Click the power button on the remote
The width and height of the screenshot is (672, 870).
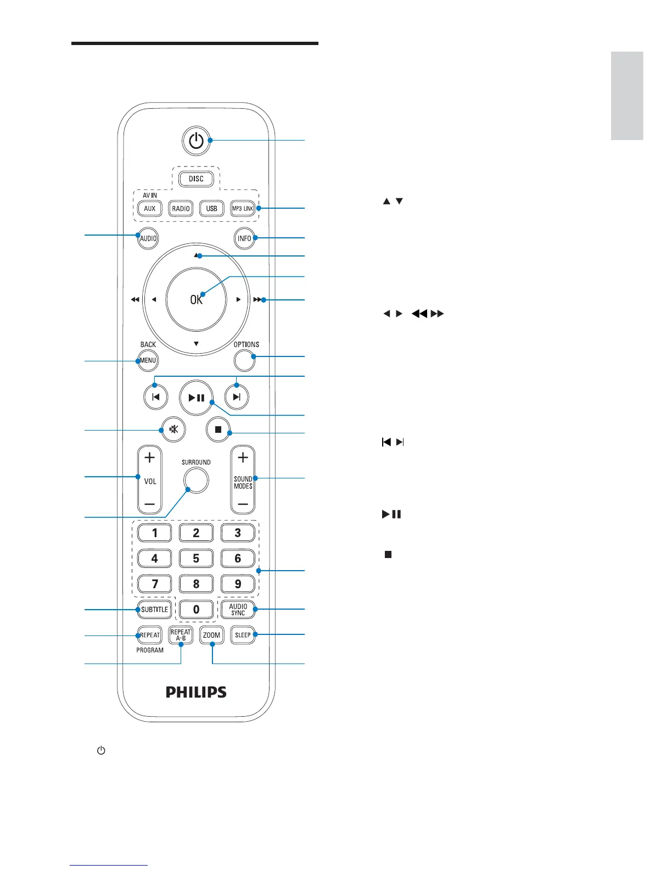(x=196, y=141)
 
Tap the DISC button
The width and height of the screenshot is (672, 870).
(x=196, y=179)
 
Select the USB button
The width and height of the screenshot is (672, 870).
(x=212, y=209)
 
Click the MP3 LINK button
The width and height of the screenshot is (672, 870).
(x=243, y=209)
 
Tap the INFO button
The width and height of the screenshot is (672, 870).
(x=244, y=238)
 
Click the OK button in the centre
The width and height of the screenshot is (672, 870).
(x=196, y=299)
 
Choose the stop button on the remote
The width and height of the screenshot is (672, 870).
(x=218, y=430)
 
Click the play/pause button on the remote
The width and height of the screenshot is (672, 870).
(x=196, y=398)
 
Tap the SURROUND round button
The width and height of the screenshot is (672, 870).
(x=196, y=481)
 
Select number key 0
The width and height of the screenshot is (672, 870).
(x=196, y=609)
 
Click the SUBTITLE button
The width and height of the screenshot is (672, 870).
(x=155, y=609)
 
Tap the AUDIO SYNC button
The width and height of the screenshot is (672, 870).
(x=238, y=609)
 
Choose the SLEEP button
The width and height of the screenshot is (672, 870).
(x=243, y=635)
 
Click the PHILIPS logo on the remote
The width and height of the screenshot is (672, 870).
(x=196, y=692)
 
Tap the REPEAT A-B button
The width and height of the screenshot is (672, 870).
(x=181, y=635)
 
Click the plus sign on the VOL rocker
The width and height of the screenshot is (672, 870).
(x=149, y=458)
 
